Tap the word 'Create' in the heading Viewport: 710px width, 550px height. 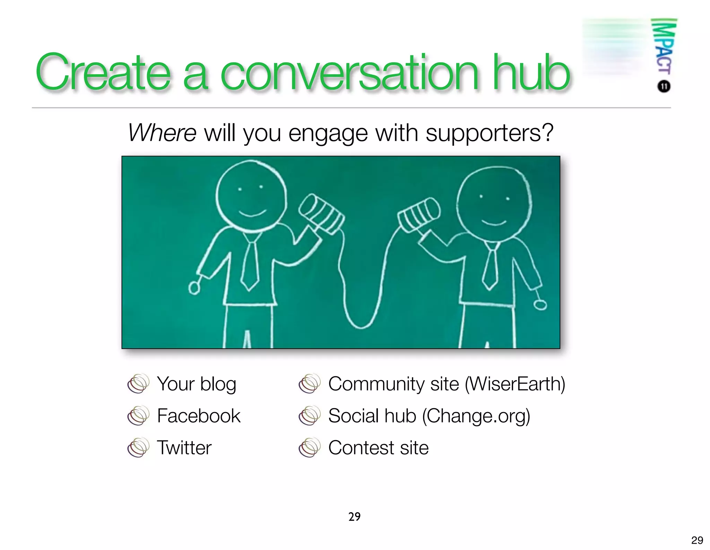(x=103, y=72)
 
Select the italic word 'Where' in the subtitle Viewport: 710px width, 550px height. (x=162, y=133)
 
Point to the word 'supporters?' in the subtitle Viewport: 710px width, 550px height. (x=489, y=133)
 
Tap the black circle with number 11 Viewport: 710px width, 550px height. (x=664, y=86)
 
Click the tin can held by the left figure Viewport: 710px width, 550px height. (x=322, y=214)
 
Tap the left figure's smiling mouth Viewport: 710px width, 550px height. (x=252, y=213)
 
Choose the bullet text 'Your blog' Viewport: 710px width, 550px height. (x=197, y=384)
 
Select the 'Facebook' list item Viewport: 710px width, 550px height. (x=199, y=416)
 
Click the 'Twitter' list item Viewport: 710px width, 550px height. (x=184, y=448)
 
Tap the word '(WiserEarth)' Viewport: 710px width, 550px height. (x=515, y=384)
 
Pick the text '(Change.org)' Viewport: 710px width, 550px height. (x=476, y=416)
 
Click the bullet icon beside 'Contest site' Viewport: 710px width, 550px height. (x=310, y=447)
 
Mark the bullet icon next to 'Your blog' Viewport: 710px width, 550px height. (x=138, y=384)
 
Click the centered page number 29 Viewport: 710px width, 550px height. (x=354, y=517)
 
